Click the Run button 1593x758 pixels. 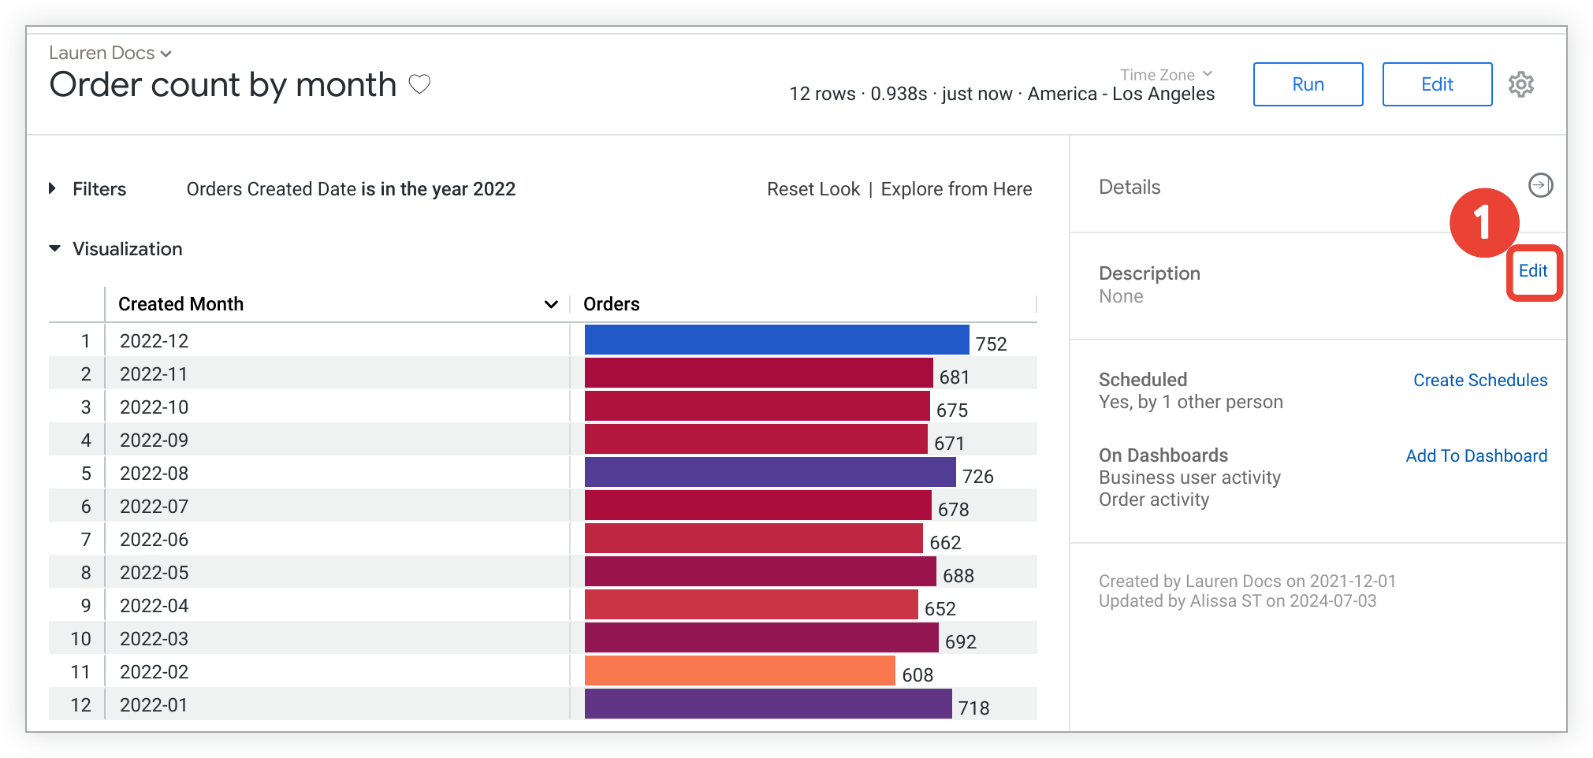[1308, 84]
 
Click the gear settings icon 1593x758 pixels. [1520, 84]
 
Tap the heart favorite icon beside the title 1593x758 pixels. [419, 84]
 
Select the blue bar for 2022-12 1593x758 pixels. [776, 340]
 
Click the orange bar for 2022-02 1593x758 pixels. [739, 671]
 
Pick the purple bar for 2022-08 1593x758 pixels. [769, 472]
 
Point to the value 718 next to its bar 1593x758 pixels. [973, 708]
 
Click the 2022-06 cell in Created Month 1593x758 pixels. [154, 540]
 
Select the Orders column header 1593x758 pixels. [612, 304]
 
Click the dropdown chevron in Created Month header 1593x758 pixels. [551, 304]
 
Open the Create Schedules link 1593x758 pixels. [1479, 381]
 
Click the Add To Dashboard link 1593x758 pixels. [1476, 456]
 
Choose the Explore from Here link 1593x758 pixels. [956, 189]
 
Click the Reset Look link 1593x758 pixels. [813, 189]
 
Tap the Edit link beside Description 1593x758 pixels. [1532, 271]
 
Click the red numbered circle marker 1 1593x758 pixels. [1483, 223]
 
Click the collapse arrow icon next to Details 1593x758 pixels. [1540, 185]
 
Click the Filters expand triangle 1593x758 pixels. [53, 188]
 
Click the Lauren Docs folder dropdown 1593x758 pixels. [110, 53]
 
